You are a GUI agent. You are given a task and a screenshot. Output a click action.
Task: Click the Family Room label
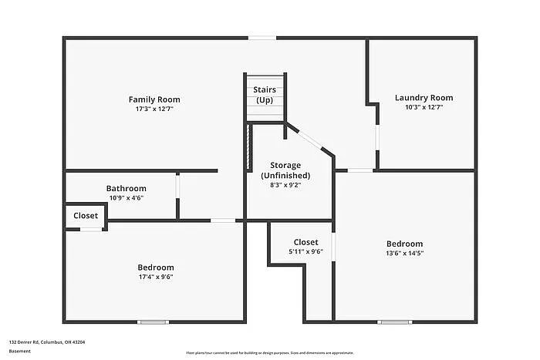tap(154, 99)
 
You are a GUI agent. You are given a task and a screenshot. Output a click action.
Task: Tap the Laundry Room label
tap(424, 98)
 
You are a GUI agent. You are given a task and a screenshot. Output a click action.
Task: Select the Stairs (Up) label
tap(264, 96)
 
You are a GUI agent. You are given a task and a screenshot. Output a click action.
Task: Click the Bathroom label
tap(126, 188)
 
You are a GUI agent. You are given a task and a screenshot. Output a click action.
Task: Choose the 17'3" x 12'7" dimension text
tap(154, 109)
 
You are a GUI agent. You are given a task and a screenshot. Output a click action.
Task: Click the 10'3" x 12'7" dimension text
tap(424, 108)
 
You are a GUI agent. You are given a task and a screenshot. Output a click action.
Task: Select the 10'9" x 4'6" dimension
tap(126, 198)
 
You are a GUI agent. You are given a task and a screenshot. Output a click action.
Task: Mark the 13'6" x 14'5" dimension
tap(404, 253)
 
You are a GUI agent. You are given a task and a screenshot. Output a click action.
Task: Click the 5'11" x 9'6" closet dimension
tap(305, 251)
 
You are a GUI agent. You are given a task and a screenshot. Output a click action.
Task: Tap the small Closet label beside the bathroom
tap(86, 216)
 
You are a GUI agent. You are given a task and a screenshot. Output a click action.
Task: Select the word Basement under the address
tap(21, 351)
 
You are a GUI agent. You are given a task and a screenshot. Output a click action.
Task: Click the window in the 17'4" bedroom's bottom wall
tap(153, 321)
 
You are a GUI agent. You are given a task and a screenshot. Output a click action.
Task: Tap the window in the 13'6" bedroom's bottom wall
tap(394, 321)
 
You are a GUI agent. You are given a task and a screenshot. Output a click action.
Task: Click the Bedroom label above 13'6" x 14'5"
tap(404, 244)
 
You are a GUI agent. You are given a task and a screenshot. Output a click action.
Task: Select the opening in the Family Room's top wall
tap(262, 37)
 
